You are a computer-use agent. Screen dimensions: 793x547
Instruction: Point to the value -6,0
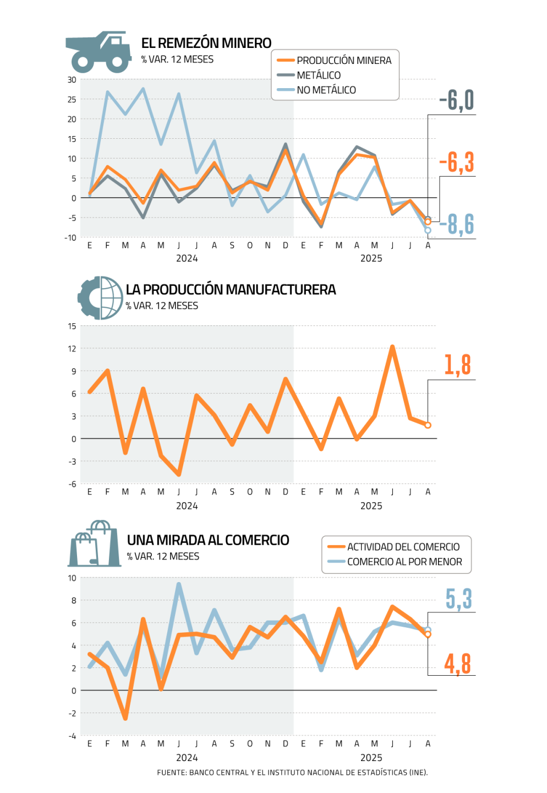click(457, 100)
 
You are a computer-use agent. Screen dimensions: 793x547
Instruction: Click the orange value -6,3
click(457, 162)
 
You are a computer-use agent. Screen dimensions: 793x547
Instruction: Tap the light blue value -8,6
click(457, 224)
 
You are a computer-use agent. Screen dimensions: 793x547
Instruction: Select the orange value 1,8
click(457, 365)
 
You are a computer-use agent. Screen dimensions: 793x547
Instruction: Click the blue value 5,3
click(458, 599)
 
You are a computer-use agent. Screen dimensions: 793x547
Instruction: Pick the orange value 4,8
click(458, 664)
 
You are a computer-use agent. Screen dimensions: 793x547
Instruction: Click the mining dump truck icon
click(99, 52)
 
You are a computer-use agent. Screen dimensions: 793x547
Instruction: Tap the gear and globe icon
click(100, 298)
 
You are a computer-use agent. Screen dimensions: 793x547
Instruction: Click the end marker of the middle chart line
click(428, 425)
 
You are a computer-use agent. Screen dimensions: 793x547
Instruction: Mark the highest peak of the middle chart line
click(392, 346)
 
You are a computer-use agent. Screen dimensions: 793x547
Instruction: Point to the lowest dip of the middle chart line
click(179, 474)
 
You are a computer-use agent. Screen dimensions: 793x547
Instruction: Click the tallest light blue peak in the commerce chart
click(179, 585)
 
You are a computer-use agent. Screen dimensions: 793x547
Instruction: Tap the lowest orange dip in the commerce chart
click(125, 718)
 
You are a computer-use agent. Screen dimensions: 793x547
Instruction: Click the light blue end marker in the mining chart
click(428, 230)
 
